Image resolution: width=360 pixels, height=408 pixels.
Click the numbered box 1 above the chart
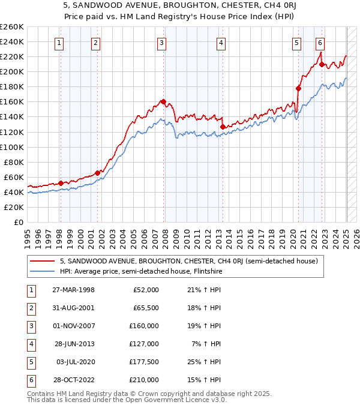60,42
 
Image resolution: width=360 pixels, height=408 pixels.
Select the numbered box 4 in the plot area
221,42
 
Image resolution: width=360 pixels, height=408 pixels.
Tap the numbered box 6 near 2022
320,42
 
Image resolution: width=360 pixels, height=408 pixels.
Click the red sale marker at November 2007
163,101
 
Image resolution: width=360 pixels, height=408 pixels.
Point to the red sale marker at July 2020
298,88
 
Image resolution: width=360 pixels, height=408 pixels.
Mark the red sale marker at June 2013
222,127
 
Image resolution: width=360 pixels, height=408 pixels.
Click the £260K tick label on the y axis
12,27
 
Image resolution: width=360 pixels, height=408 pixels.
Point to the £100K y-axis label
12,147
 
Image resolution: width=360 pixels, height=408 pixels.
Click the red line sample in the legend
43,261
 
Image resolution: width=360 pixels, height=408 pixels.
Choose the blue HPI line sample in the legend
43,271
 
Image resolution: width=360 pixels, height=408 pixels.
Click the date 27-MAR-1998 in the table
73,290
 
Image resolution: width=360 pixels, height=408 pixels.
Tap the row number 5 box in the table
30,362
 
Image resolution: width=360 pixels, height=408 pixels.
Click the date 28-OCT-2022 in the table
73,380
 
